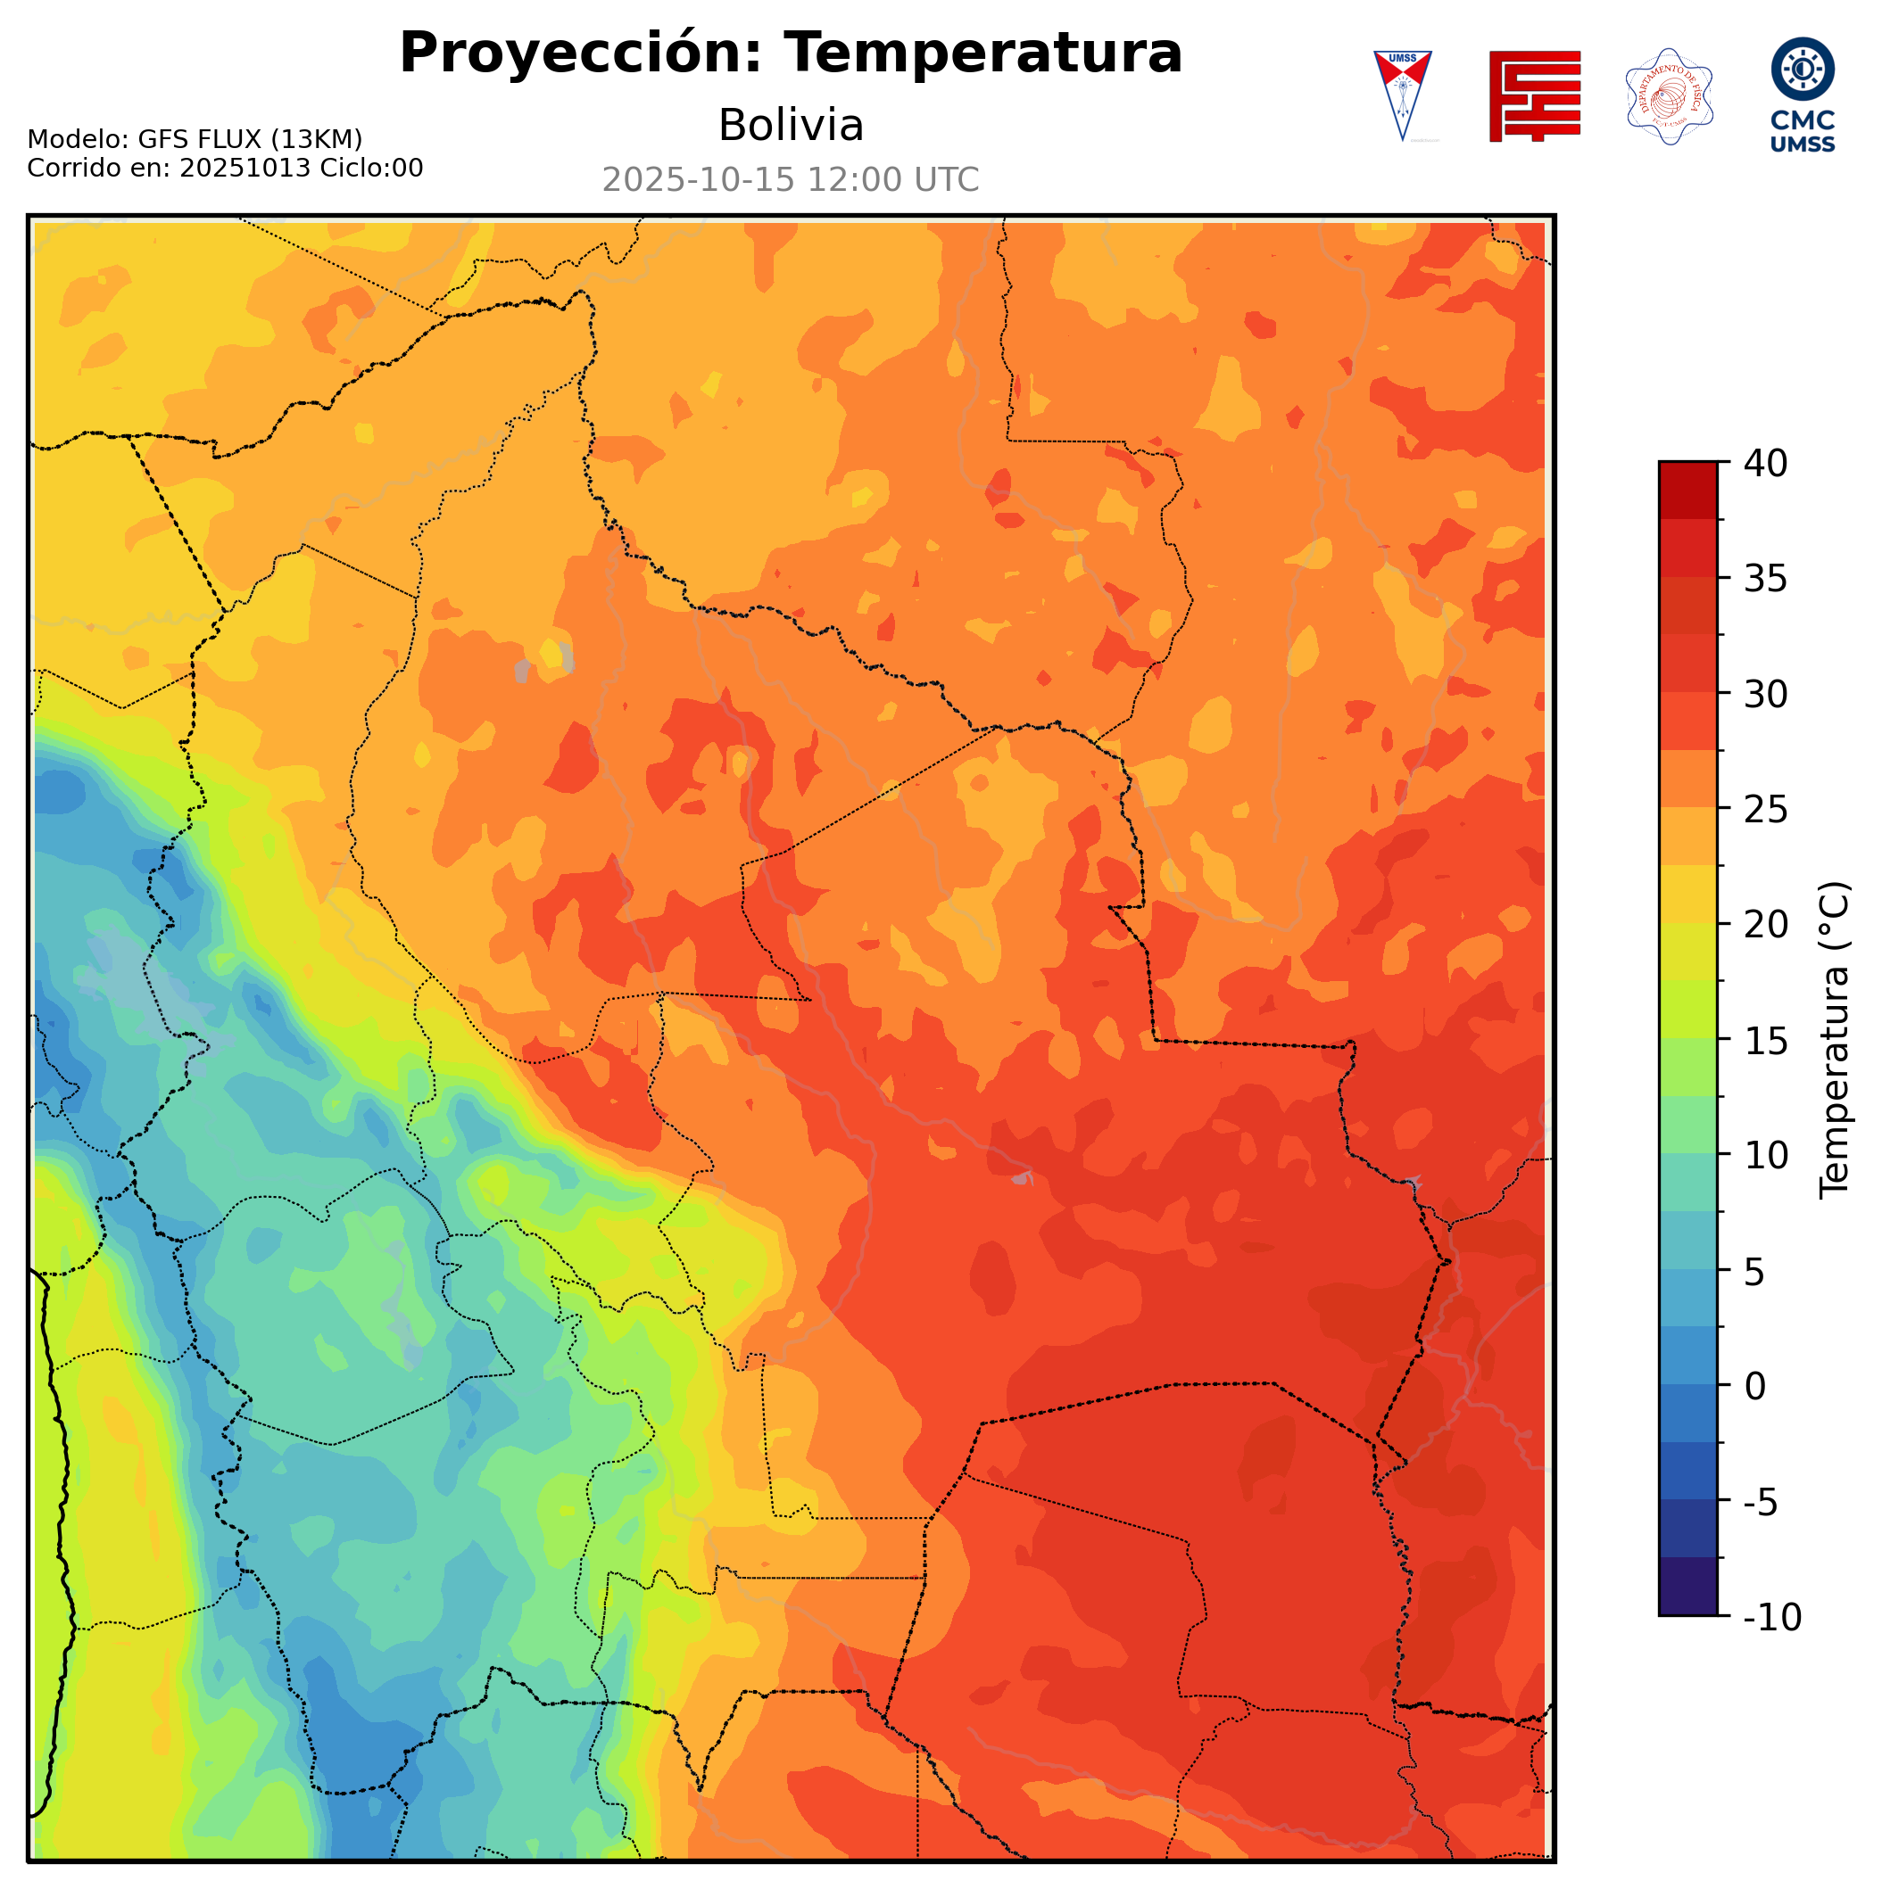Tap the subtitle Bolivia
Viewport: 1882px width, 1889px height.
(791, 125)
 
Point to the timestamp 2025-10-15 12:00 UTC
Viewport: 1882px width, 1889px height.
(791, 180)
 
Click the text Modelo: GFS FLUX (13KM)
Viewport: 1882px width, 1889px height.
(195, 140)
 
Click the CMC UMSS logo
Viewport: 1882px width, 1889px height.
(1802, 95)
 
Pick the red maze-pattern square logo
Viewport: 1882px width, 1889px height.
(1534, 95)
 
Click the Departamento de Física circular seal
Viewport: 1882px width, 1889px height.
(1669, 95)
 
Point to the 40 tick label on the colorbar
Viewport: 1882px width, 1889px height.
(1766, 464)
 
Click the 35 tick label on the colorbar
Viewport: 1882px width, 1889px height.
(1766, 579)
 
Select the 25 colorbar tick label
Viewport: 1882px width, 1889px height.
(1766, 810)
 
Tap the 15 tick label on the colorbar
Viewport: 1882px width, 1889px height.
(1766, 1040)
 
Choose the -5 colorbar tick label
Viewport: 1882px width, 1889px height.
(1761, 1502)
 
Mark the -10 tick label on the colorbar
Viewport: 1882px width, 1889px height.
(1771, 1617)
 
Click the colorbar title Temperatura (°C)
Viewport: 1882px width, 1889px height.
(1835, 1039)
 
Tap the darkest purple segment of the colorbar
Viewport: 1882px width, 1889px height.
(1687, 1588)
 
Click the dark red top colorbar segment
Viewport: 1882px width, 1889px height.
(1687, 490)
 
